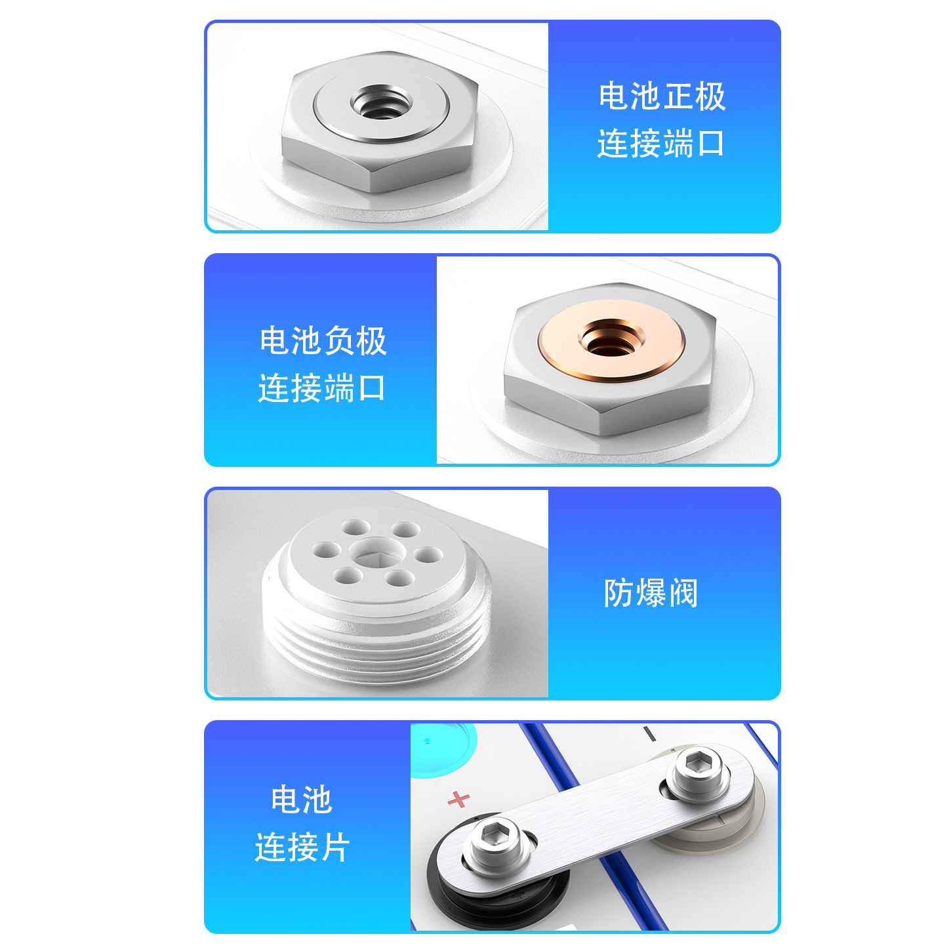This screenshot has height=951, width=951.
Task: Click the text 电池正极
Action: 662,96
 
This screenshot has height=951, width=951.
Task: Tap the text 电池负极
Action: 323,341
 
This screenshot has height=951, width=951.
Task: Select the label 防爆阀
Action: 651,593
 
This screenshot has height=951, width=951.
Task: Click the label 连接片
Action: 302,847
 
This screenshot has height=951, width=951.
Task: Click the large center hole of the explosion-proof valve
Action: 376,555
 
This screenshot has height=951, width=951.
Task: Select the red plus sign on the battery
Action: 459,798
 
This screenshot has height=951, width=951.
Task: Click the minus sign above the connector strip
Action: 649,734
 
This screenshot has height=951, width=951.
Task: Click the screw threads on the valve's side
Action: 377,646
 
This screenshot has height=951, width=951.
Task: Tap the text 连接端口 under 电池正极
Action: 660,144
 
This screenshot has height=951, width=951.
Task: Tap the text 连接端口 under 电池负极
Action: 322,388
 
